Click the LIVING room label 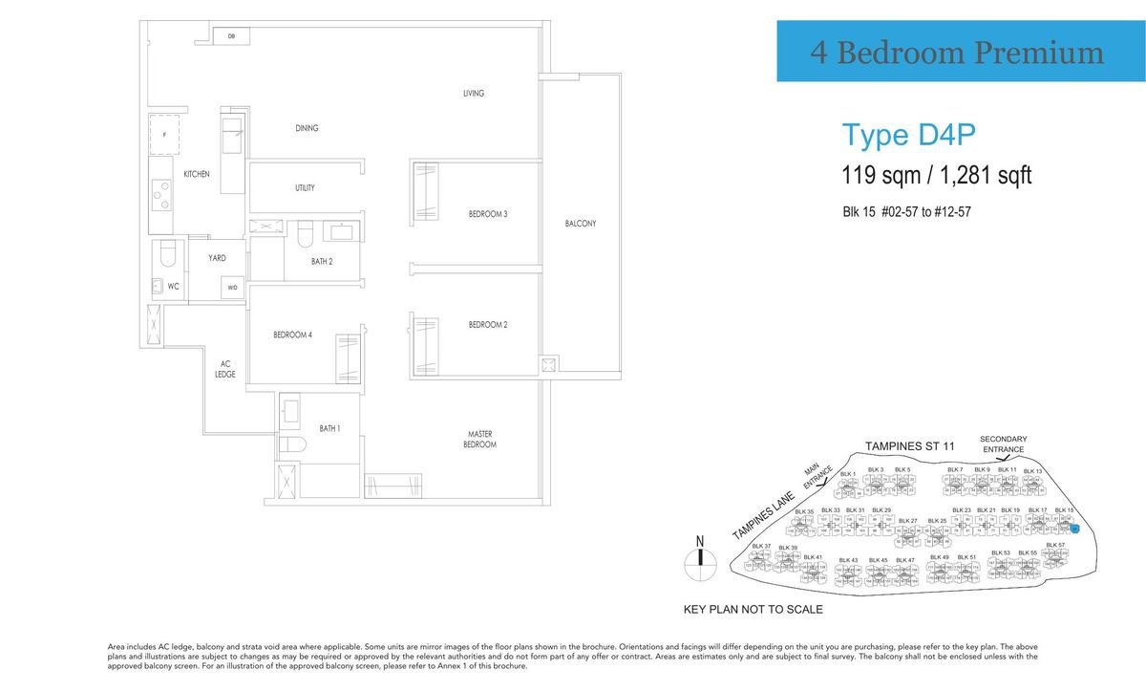coord(474,94)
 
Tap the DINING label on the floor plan coord(307,128)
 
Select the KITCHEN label coord(197,174)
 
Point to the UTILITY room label coord(305,188)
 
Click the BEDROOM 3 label coord(487,214)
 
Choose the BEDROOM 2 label coord(487,325)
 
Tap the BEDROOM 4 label coord(292,335)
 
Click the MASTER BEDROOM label coord(481,440)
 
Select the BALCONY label coord(580,224)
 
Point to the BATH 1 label coord(329,428)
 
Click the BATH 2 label coord(322,261)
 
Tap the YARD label coord(217,258)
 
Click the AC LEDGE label coord(226,369)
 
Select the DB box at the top coord(231,36)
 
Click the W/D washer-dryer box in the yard coord(232,287)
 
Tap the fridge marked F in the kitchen coord(164,135)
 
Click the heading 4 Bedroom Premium coord(957,53)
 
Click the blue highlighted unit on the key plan coord(1074,528)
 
